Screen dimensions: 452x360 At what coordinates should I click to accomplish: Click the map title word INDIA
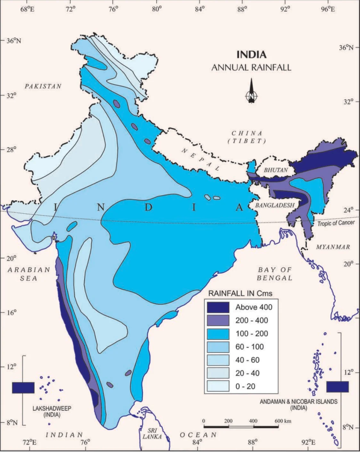point(251,55)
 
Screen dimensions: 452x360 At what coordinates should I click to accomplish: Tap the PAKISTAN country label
point(43,86)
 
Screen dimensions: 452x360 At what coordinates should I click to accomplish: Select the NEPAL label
point(200,160)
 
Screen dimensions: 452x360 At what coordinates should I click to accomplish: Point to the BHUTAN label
point(276,170)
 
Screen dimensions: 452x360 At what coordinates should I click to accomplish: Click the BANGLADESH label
point(275,205)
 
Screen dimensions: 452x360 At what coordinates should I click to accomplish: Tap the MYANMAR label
point(332,247)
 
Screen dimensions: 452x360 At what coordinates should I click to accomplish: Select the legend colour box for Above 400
point(218,307)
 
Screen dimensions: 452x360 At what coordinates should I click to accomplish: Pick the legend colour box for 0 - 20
point(218,386)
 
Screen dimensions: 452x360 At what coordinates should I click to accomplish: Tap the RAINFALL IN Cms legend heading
point(240,293)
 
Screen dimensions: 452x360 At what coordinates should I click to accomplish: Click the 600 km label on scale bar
point(282,421)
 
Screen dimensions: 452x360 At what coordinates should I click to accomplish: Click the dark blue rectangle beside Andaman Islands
point(337,386)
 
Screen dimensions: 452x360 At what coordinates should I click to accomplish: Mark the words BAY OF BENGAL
point(275,274)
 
